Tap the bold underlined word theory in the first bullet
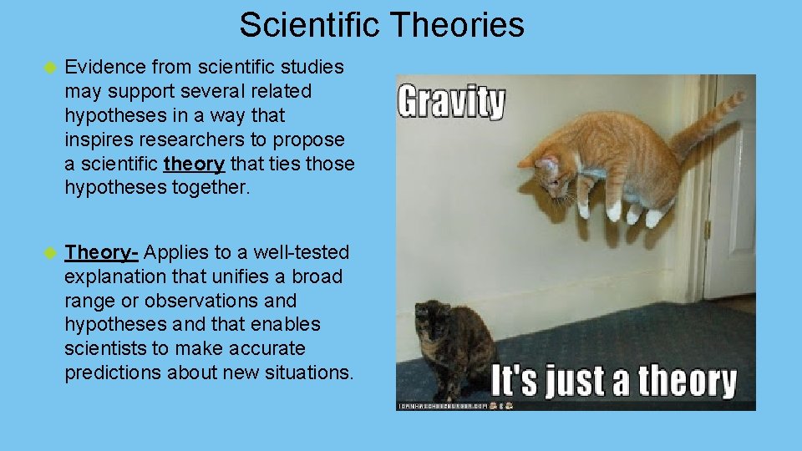pos(195,164)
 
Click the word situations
pos(312,372)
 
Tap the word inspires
pos(94,139)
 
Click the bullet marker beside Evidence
pos(49,67)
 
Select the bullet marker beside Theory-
pos(49,252)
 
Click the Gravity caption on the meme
pos(451,103)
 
